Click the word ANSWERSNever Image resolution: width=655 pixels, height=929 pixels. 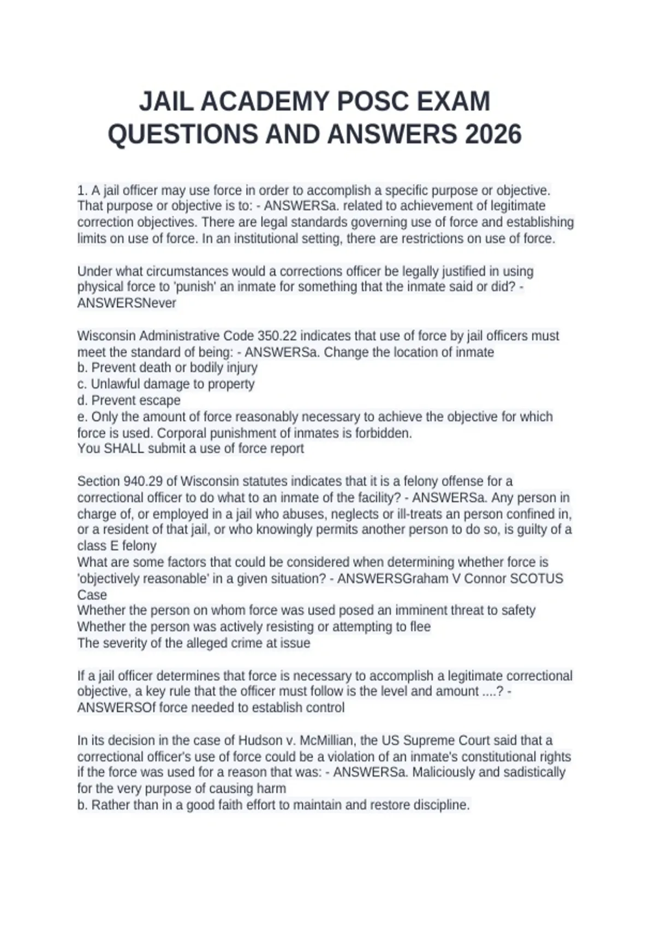(127, 303)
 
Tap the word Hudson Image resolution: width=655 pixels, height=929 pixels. (259, 740)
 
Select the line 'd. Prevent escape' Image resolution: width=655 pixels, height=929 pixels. (129, 401)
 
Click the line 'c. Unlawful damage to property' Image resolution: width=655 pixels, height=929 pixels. (166, 384)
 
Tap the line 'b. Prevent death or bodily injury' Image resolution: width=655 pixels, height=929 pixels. (167, 368)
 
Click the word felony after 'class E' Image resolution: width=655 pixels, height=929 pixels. (139, 546)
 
